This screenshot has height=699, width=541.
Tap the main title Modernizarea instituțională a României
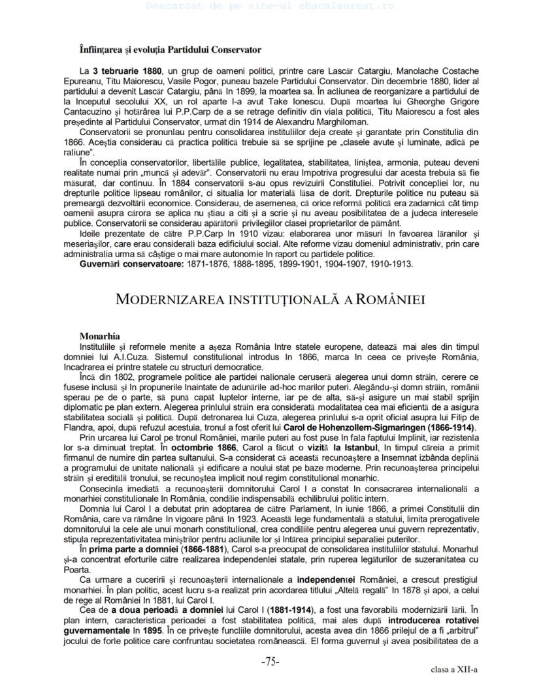click(x=270, y=299)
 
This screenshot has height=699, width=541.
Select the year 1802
click(x=122, y=378)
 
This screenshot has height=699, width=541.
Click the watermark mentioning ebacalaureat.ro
click(x=270, y=6)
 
